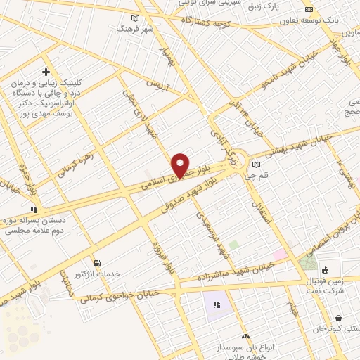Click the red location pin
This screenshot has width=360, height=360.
pyautogui.click(x=181, y=165)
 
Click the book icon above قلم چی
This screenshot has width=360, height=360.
pyautogui.click(x=255, y=165)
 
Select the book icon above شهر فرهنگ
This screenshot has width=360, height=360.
pyautogui.click(x=136, y=18)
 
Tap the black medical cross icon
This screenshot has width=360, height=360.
pyautogui.click(x=46, y=72)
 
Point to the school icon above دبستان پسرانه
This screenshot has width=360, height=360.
pyautogui.click(x=32, y=209)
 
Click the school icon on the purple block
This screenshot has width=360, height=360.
pyautogui.click(x=217, y=305)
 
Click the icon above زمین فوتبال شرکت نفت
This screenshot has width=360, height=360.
pyautogui.click(x=325, y=269)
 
